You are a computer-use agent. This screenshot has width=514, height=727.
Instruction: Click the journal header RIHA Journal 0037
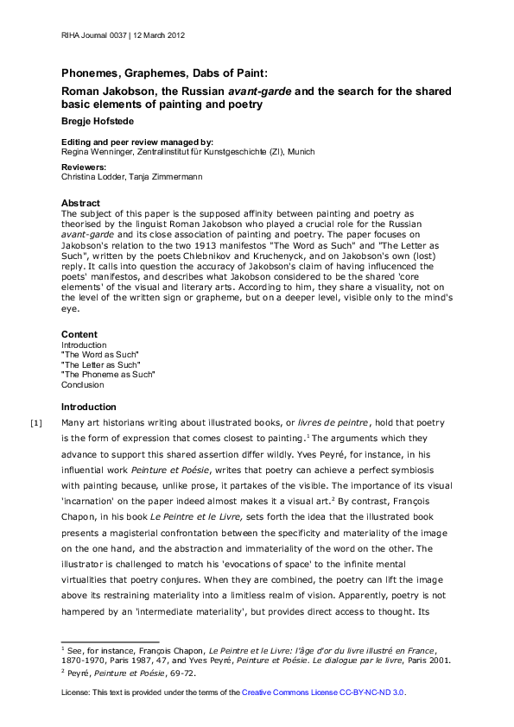tap(93, 35)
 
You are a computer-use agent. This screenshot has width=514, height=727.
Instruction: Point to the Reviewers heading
tap(84, 167)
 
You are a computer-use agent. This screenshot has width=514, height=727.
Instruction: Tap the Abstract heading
tap(80, 204)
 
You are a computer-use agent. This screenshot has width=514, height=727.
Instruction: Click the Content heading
tap(79, 334)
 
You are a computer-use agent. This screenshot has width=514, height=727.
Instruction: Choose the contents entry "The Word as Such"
tap(99, 355)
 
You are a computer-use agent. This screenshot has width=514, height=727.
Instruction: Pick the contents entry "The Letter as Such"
tap(100, 364)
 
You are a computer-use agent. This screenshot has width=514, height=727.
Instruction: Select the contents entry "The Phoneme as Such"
tap(107, 375)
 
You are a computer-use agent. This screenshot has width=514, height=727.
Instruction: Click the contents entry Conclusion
tap(82, 385)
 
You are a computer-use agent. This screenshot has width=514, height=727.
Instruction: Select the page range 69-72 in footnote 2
tap(182, 672)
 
